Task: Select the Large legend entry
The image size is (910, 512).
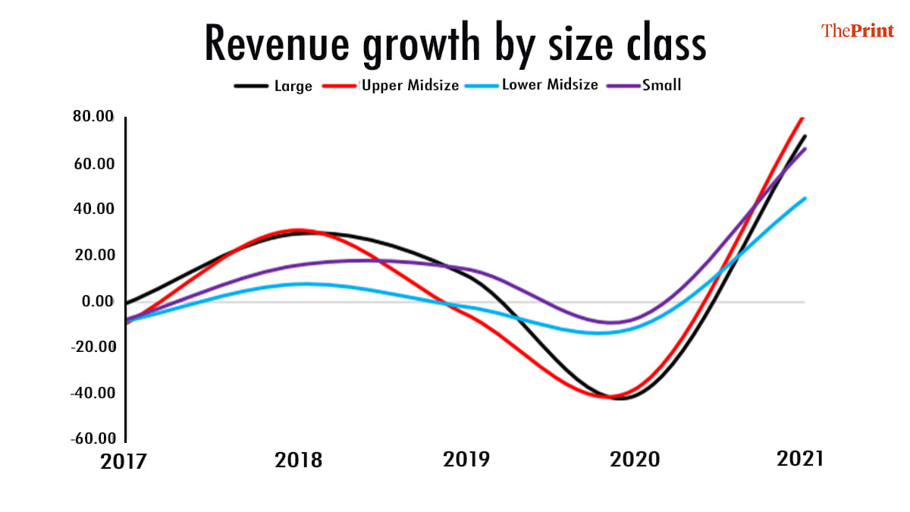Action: pos(293,86)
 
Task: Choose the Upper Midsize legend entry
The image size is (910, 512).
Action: pos(410,85)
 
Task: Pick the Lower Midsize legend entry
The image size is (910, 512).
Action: pos(550,85)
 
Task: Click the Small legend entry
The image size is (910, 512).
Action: pos(662,85)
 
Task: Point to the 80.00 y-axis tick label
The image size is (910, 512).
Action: pos(93,118)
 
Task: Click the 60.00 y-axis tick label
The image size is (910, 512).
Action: pos(93,164)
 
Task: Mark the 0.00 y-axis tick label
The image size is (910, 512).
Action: pos(98,302)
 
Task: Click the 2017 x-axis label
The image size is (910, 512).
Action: pos(125,460)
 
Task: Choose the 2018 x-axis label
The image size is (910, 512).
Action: pos(298,460)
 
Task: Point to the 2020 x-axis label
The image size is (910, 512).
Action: pos(636,460)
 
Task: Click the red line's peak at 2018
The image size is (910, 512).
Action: pos(298,230)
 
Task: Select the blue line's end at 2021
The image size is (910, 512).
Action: pos(805,198)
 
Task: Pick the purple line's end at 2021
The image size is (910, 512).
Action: pos(805,149)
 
